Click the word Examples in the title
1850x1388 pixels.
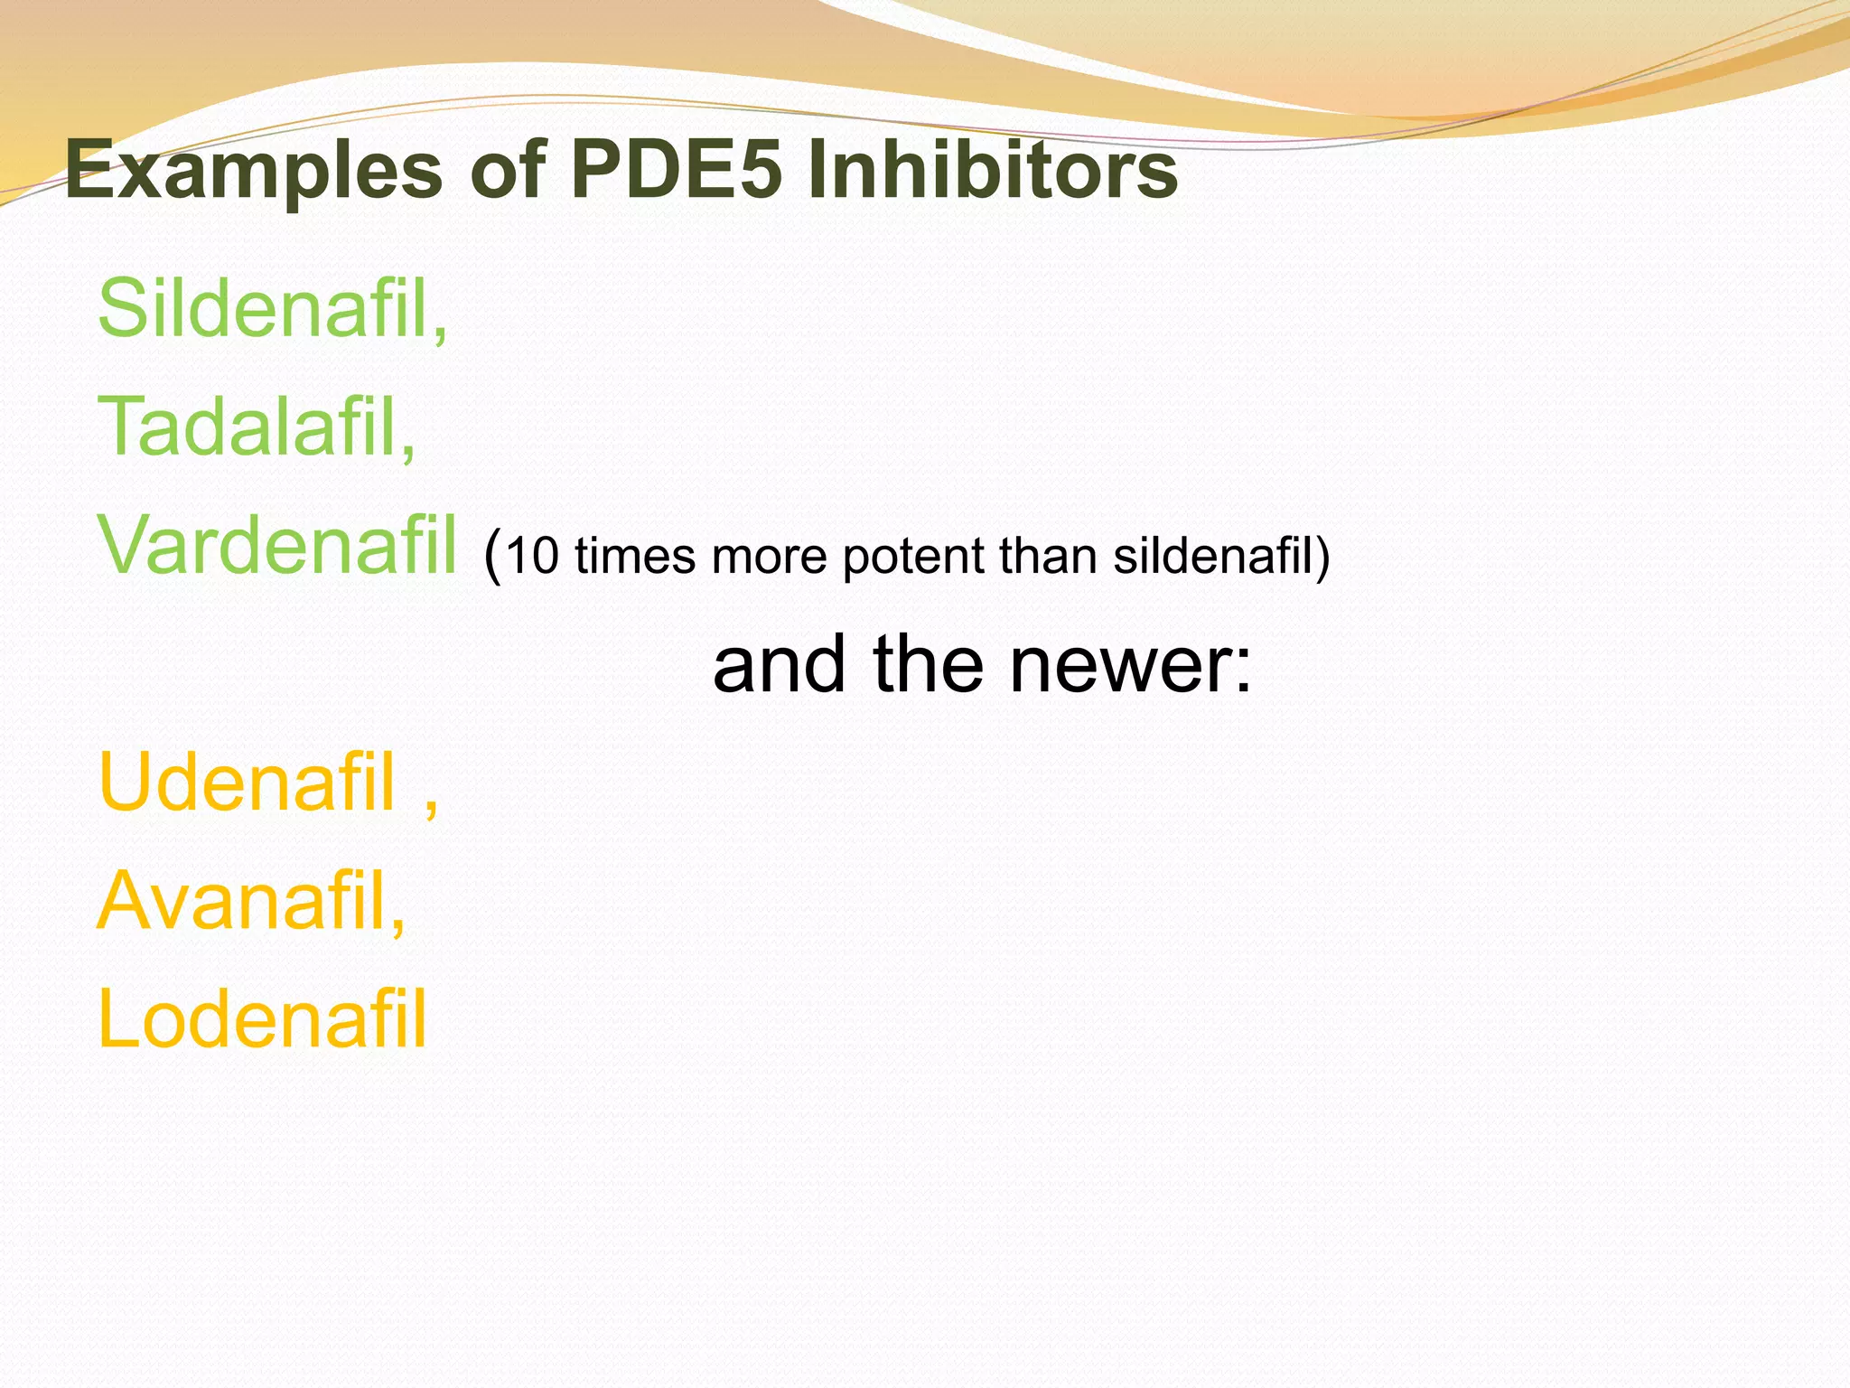click(254, 171)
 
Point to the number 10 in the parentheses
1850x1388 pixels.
click(532, 555)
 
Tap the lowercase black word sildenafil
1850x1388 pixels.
click(1211, 555)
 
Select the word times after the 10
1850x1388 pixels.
click(635, 555)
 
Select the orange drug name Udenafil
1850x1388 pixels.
click(247, 783)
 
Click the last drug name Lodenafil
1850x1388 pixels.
click(262, 1019)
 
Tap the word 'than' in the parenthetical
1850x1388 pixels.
click(1048, 555)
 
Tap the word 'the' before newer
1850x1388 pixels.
click(928, 663)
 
